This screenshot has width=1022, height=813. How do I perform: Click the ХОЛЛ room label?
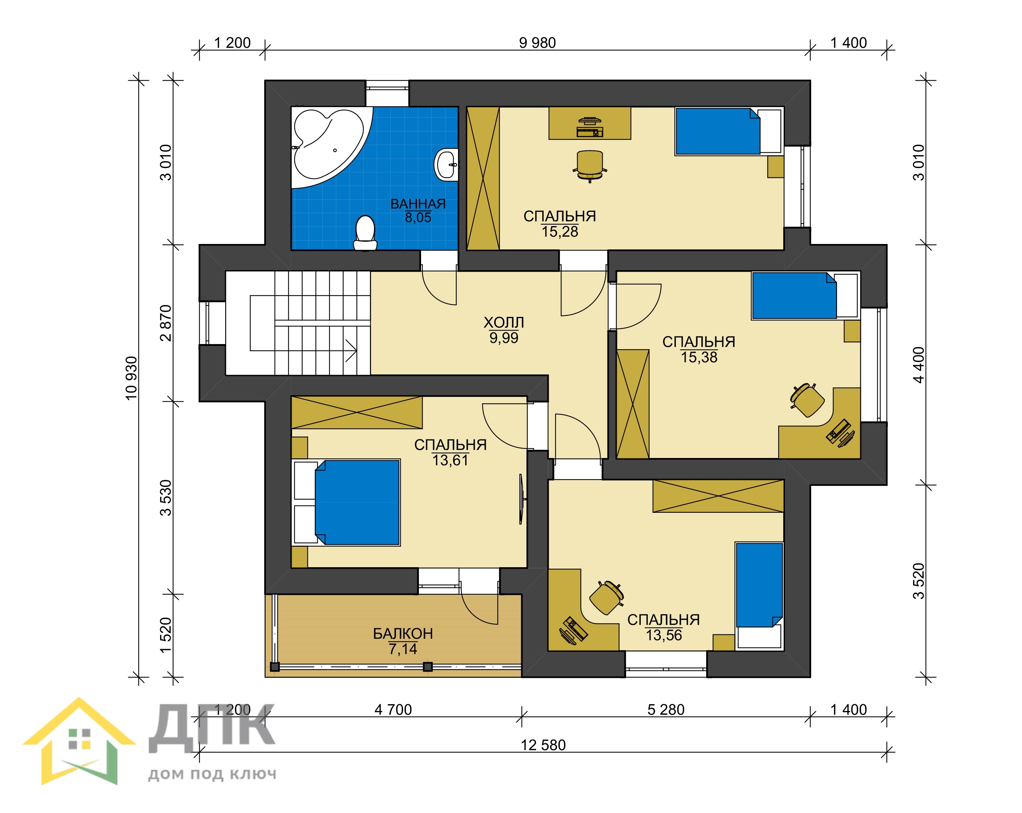pyautogui.click(x=503, y=322)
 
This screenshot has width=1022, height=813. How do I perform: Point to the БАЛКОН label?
pyautogui.click(x=402, y=633)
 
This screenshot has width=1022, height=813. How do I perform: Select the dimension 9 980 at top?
pyautogui.click(x=537, y=43)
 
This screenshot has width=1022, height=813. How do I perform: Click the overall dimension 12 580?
pyautogui.click(x=543, y=745)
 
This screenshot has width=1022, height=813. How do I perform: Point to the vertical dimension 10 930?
pyautogui.click(x=131, y=378)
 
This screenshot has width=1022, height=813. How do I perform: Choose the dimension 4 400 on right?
pyautogui.click(x=918, y=365)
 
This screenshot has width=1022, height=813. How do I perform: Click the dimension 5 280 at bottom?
pyautogui.click(x=666, y=710)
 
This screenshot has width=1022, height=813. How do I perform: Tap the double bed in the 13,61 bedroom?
pyautogui.click(x=347, y=502)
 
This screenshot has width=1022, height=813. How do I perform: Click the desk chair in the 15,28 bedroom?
pyautogui.click(x=590, y=166)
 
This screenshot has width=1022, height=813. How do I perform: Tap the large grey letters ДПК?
pyautogui.click(x=212, y=728)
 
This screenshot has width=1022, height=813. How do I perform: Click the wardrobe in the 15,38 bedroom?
pyautogui.click(x=632, y=404)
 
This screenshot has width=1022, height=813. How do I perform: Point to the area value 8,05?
pyautogui.click(x=418, y=217)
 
